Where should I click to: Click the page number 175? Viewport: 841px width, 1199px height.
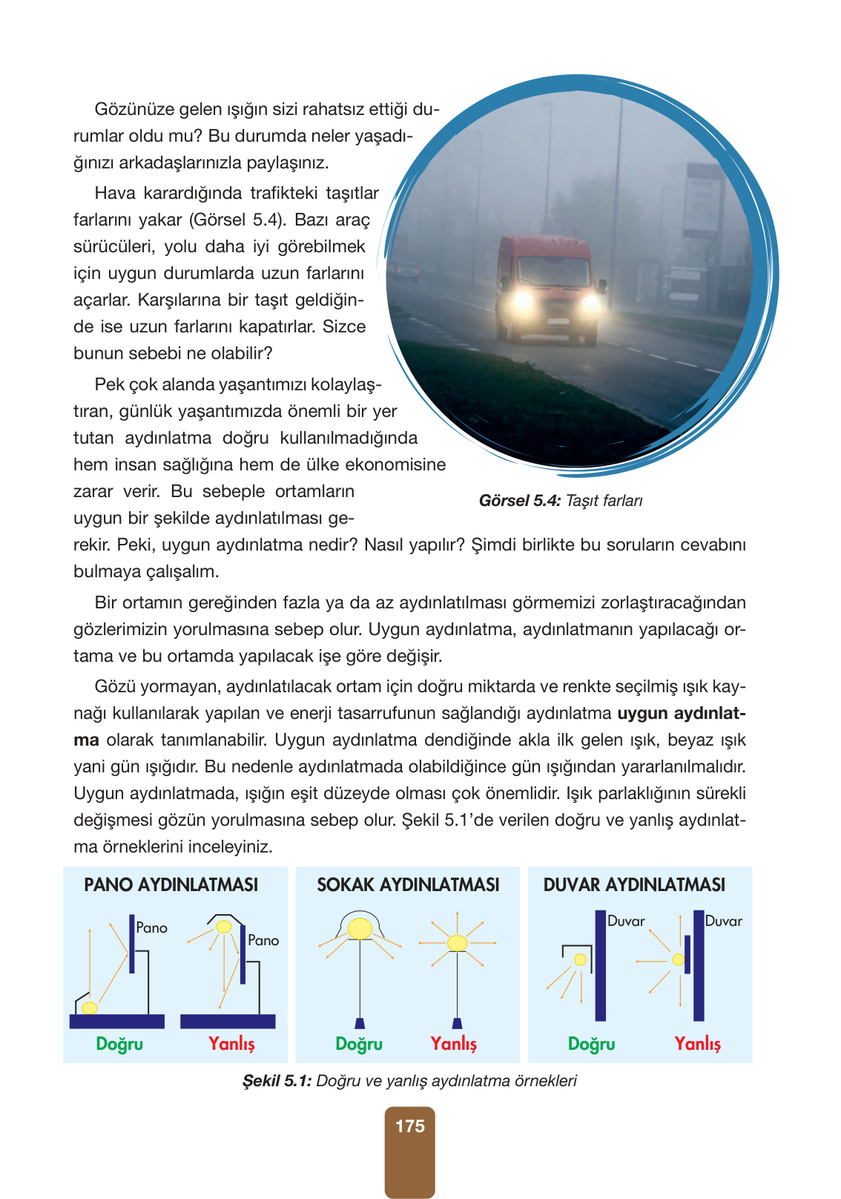point(409,1126)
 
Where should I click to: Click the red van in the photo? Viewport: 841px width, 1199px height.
point(547,286)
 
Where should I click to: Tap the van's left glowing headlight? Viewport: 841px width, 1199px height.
point(522,300)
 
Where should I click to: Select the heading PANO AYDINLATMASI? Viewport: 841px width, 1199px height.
point(171,884)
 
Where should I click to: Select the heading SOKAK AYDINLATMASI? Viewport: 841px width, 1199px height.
point(408,884)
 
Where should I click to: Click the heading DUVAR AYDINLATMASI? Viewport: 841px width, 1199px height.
point(634,884)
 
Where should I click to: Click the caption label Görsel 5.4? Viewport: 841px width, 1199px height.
point(519,501)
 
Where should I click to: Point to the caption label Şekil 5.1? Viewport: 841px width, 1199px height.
point(277,1081)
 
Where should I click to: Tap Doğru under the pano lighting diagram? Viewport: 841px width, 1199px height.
point(119,1044)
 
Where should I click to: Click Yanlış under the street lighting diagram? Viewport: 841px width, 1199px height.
point(453,1044)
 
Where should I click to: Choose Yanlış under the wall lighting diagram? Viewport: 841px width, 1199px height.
point(697,1044)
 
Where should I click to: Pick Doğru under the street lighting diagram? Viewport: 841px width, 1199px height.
point(359,1044)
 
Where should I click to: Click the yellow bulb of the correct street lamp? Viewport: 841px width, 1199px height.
point(360,928)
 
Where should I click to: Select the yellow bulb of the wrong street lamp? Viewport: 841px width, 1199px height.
point(457,943)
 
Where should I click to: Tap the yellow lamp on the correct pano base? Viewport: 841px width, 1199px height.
point(89,1008)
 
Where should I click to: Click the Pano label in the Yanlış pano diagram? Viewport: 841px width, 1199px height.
point(263,940)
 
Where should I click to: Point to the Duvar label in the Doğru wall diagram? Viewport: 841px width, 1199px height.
point(626,921)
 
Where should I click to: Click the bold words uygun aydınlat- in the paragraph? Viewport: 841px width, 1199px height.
point(681,713)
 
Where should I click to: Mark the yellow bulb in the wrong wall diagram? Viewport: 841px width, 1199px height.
point(678,959)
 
